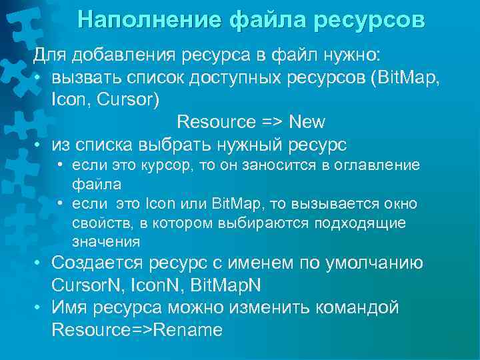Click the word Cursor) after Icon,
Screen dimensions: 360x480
point(121,99)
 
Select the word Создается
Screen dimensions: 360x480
point(99,263)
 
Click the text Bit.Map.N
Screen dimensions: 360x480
point(225,285)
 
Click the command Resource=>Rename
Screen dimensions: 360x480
point(137,331)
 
